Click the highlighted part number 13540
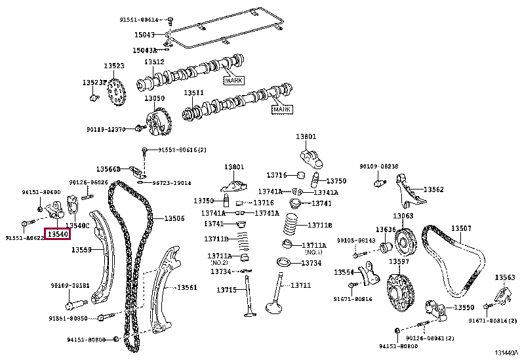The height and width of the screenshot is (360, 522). [57, 233]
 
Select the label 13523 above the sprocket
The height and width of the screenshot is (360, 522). [113, 66]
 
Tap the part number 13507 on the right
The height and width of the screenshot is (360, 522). [460, 228]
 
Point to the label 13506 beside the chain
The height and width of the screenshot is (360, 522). [174, 218]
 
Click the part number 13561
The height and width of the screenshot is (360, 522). [188, 287]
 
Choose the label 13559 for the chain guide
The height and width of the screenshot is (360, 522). [81, 250]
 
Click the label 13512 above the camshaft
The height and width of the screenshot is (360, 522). [154, 62]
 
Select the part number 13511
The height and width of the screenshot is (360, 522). [193, 93]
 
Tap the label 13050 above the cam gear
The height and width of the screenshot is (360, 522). [155, 98]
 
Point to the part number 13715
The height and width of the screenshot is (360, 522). [226, 289]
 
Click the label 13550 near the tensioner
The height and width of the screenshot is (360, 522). [464, 307]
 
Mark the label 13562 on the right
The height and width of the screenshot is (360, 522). [433, 190]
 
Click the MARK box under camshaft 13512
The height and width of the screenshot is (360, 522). [233, 80]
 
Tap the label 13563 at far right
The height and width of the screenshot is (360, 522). [504, 277]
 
